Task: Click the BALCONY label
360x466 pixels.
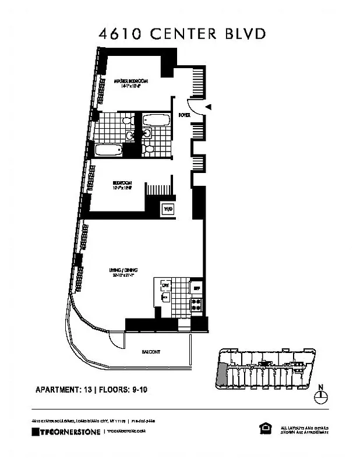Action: tap(151, 352)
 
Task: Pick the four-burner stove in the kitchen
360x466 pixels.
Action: tap(196, 303)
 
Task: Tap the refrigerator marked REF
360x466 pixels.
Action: tap(197, 288)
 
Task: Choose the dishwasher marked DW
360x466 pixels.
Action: tap(165, 285)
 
